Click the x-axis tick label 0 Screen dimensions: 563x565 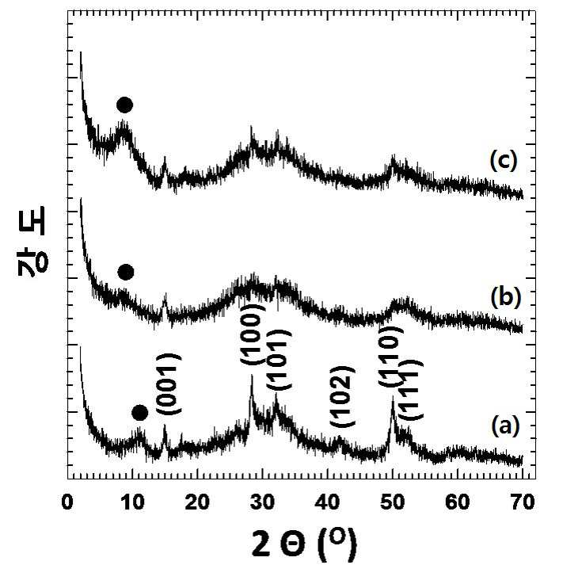[x=67, y=502]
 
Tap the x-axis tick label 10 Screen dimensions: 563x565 [x=133, y=502]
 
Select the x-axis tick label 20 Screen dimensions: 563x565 [x=197, y=502]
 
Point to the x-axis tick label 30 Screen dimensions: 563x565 [x=263, y=502]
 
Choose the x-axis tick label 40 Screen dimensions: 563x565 [x=328, y=502]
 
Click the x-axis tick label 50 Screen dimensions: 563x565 [x=393, y=502]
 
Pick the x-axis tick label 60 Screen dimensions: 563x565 [x=457, y=502]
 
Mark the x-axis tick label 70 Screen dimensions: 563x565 [x=522, y=502]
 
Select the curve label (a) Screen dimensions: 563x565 [x=505, y=426]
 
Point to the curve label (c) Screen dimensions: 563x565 [x=504, y=160]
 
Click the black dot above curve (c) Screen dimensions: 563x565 [x=125, y=105]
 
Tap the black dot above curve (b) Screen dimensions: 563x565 [x=126, y=272]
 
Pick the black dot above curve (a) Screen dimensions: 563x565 [x=140, y=413]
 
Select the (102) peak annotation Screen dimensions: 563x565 [x=343, y=396]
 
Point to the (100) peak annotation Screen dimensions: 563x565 [x=253, y=334]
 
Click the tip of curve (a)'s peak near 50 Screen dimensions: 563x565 [x=393, y=395]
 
